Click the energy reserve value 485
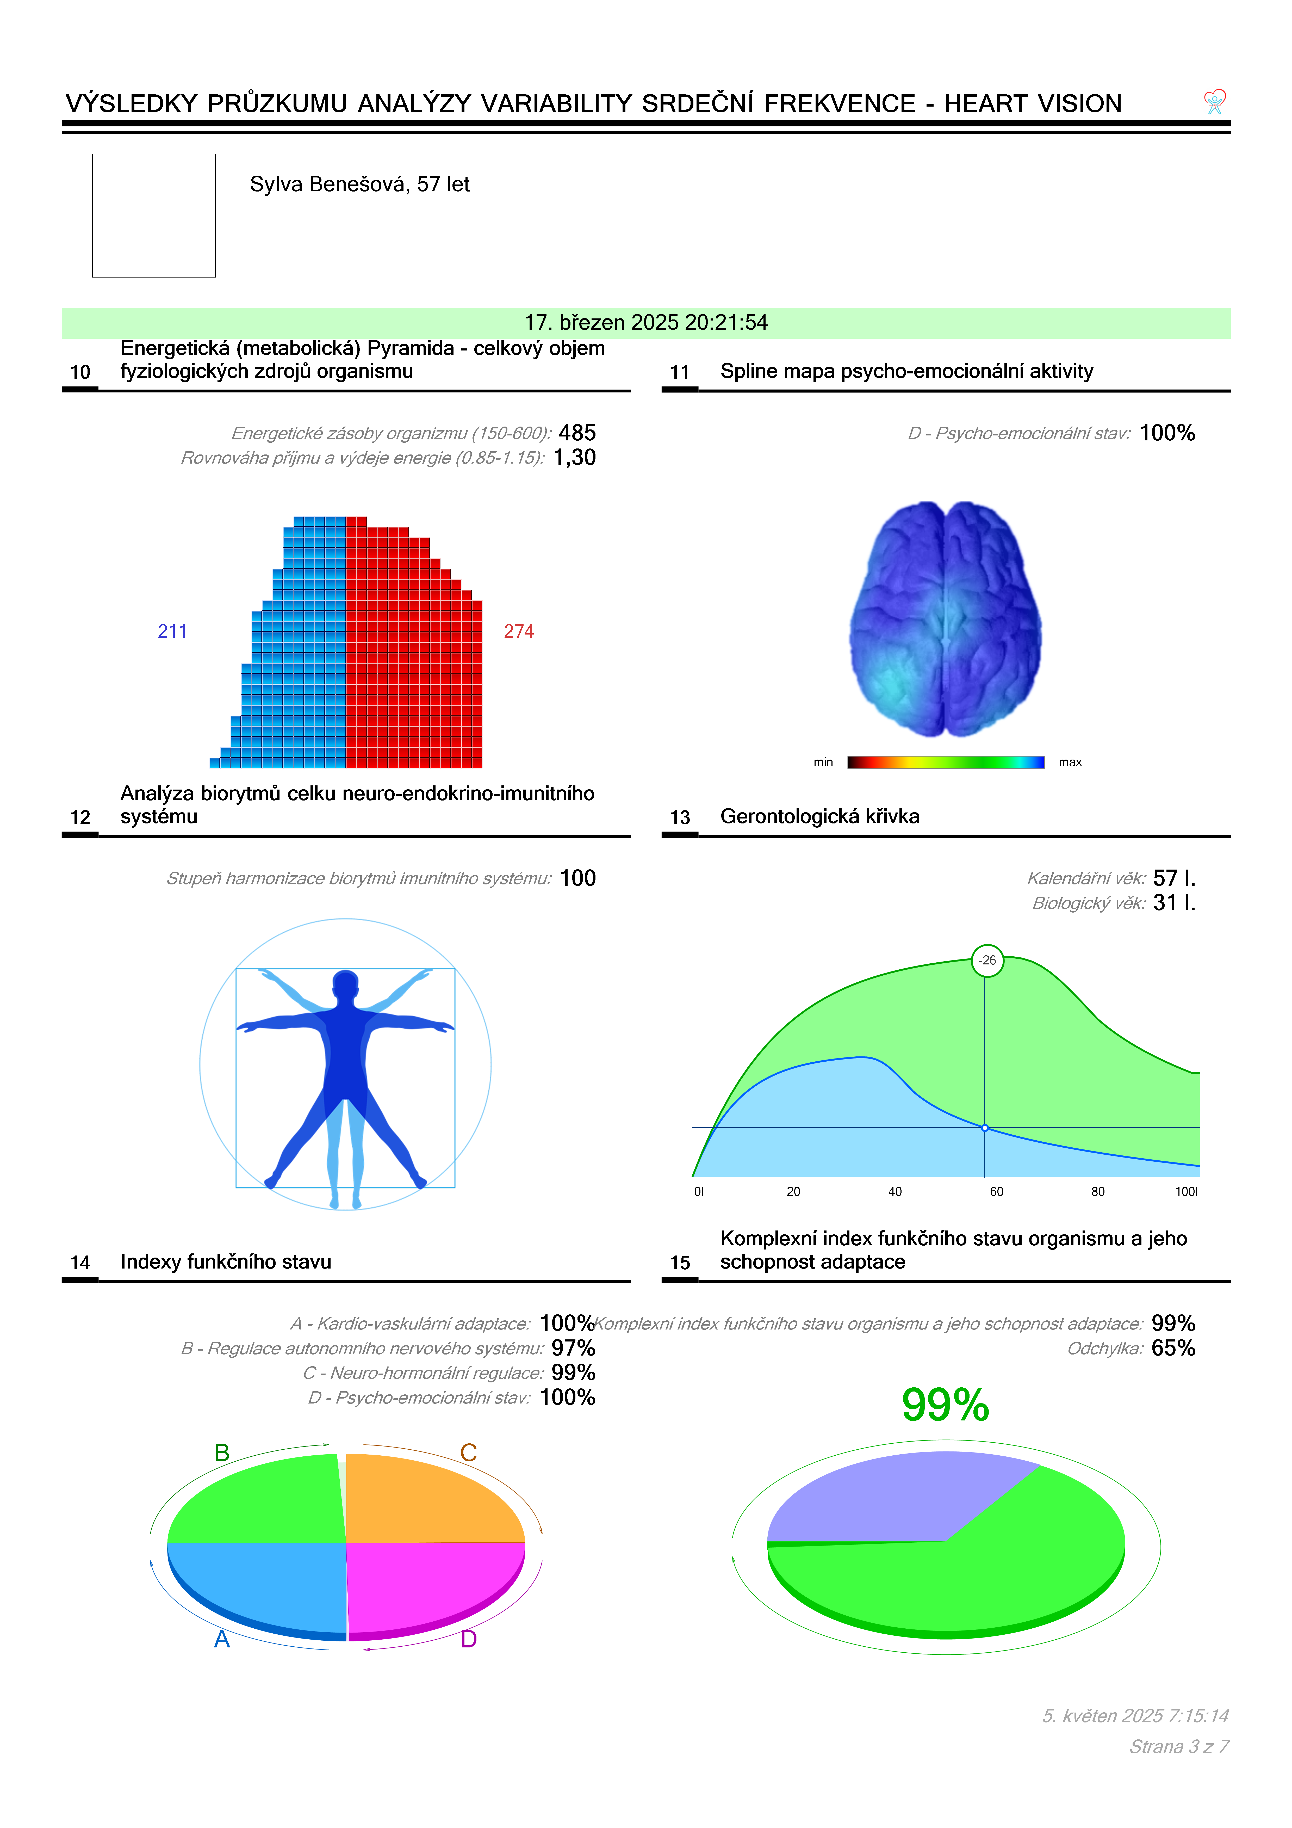pos(577,433)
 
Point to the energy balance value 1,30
pos(575,458)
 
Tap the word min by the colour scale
pos(823,763)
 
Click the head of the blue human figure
pos(345,986)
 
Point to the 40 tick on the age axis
pos(895,1192)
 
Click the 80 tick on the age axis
pos(1098,1192)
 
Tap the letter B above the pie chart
pos(222,1453)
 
